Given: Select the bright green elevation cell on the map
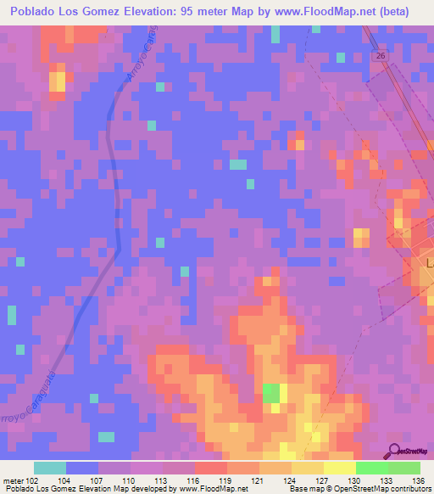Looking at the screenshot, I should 270,393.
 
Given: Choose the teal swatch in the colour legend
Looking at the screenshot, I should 50,468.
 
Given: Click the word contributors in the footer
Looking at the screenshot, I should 412,489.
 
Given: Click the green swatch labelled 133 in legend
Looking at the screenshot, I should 372,468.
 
